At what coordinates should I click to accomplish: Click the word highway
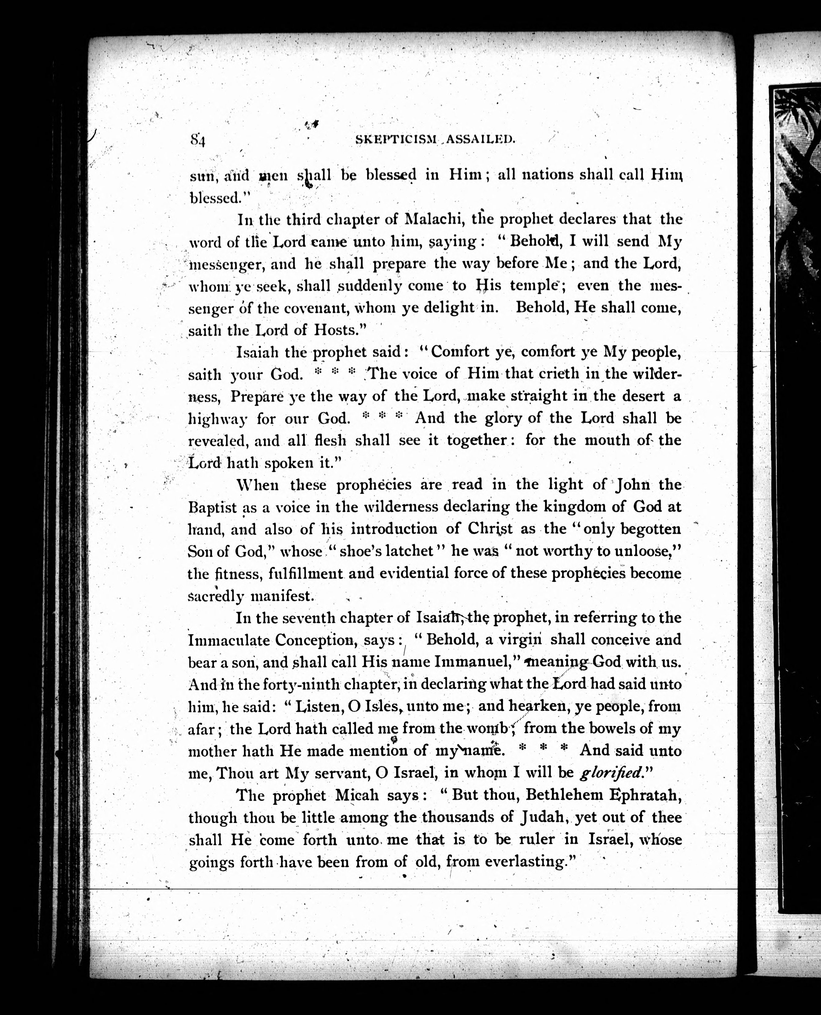point(218,419)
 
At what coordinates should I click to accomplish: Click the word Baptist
point(212,508)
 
